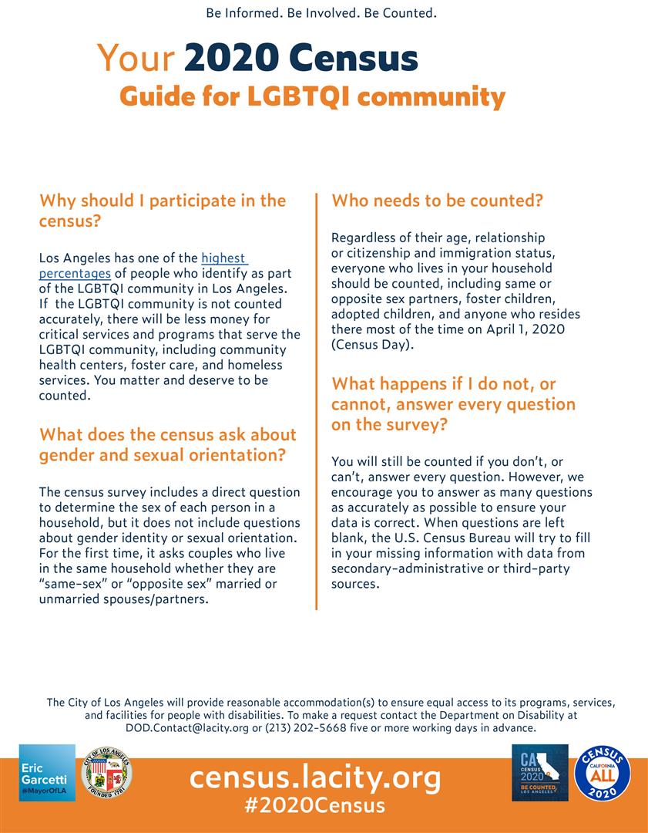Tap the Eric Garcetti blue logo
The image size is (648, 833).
tap(47, 773)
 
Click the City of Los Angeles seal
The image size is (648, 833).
tap(106, 772)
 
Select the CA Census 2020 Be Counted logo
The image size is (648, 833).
tap(540, 773)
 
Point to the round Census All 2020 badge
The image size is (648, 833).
tap(603, 773)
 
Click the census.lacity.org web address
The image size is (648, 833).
tap(315, 777)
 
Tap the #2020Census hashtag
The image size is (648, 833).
tap(314, 806)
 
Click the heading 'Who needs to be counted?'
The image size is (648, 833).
tap(437, 201)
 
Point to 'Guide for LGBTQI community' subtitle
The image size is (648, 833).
tap(312, 97)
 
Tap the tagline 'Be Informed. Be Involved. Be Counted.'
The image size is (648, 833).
tap(322, 13)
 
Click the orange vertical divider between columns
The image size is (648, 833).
tap(316, 401)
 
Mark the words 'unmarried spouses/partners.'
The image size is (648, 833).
tap(123, 599)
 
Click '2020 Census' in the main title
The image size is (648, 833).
tap(301, 59)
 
